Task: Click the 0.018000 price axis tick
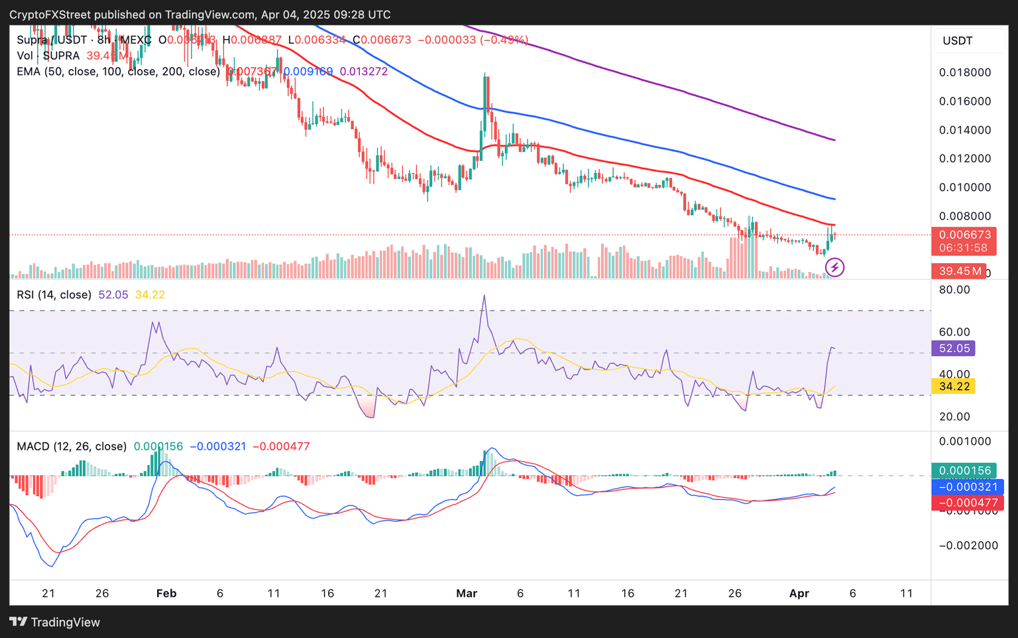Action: click(965, 72)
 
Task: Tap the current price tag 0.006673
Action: click(965, 235)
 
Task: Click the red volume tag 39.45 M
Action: click(958, 271)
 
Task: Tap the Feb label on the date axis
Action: click(166, 594)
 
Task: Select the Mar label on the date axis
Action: click(467, 594)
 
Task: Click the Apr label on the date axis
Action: click(799, 594)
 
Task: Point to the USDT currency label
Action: click(958, 41)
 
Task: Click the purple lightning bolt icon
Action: click(834, 267)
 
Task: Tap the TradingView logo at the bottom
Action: click(55, 622)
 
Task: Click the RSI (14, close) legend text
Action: click(54, 294)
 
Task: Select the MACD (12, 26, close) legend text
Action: click(72, 446)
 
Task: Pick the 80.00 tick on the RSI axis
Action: click(954, 290)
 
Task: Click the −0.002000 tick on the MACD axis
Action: click(968, 545)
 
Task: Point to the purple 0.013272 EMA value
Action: click(364, 72)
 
